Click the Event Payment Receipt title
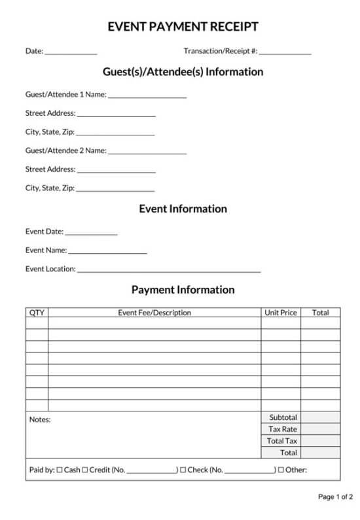(183, 27)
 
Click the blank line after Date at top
(71, 52)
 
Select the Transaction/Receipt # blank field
(285, 52)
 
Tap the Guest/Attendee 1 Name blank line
(147, 96)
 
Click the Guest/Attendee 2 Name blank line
(147, 152)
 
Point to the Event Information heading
(183, 209)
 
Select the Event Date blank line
(91, 232)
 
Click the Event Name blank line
(107, 251)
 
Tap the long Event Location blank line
(168, 269)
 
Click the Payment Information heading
(183, 289)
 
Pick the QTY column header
(37, 313)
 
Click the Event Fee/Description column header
(154, 313)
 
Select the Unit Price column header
(281, 313)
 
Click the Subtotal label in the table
(283, 417)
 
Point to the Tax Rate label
(283, 429)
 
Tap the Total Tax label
(283, 441)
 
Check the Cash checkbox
(60, 470)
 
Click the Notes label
(39, 420)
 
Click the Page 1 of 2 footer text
(335, 497)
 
